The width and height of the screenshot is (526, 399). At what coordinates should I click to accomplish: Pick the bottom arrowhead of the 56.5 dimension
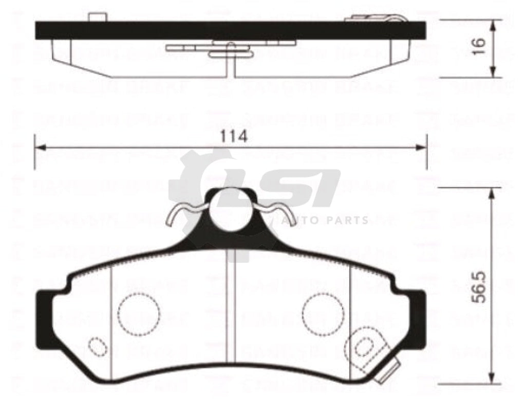point(493,380)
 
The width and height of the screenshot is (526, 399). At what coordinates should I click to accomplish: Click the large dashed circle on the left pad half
point(139,313)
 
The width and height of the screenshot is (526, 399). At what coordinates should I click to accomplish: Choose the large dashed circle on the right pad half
point(323,313)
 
